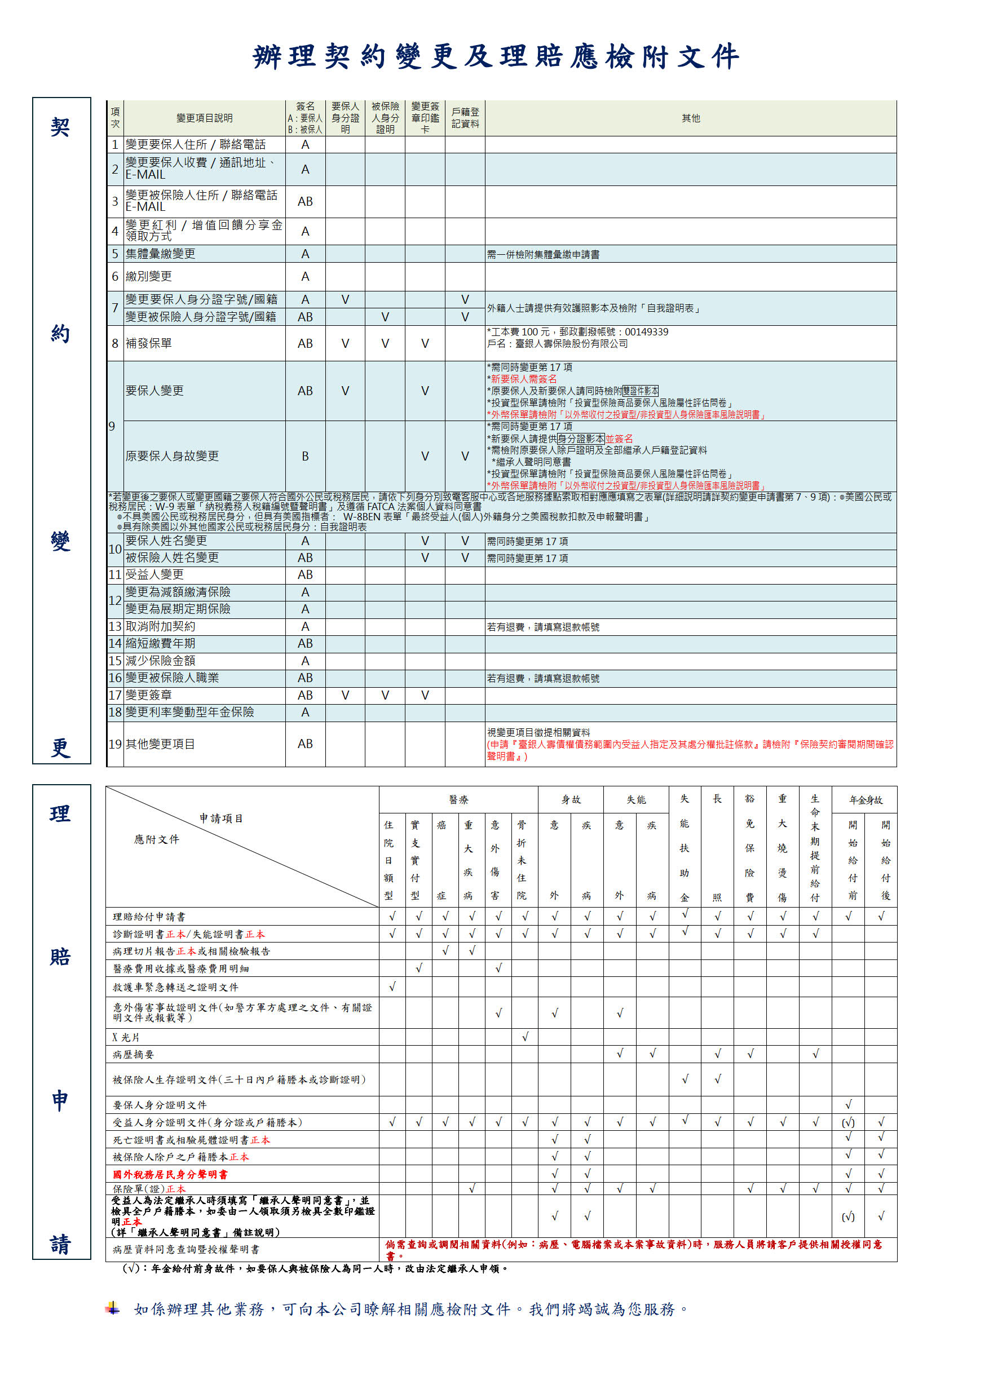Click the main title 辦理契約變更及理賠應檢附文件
[496, 56]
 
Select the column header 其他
[690, 118]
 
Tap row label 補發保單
[149, 343]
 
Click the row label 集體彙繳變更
[160, 254]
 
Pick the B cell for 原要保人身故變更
[305, 456]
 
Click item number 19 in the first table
[115, 744]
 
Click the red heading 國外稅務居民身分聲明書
[170, 1174]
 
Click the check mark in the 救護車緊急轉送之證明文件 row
[392, 986]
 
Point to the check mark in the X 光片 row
[525, 1036]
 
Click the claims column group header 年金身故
[866, 799]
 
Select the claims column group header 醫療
[458, 799]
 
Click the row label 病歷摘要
[134, 1054]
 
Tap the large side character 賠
[60, 957]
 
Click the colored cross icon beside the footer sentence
[113, 1308]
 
